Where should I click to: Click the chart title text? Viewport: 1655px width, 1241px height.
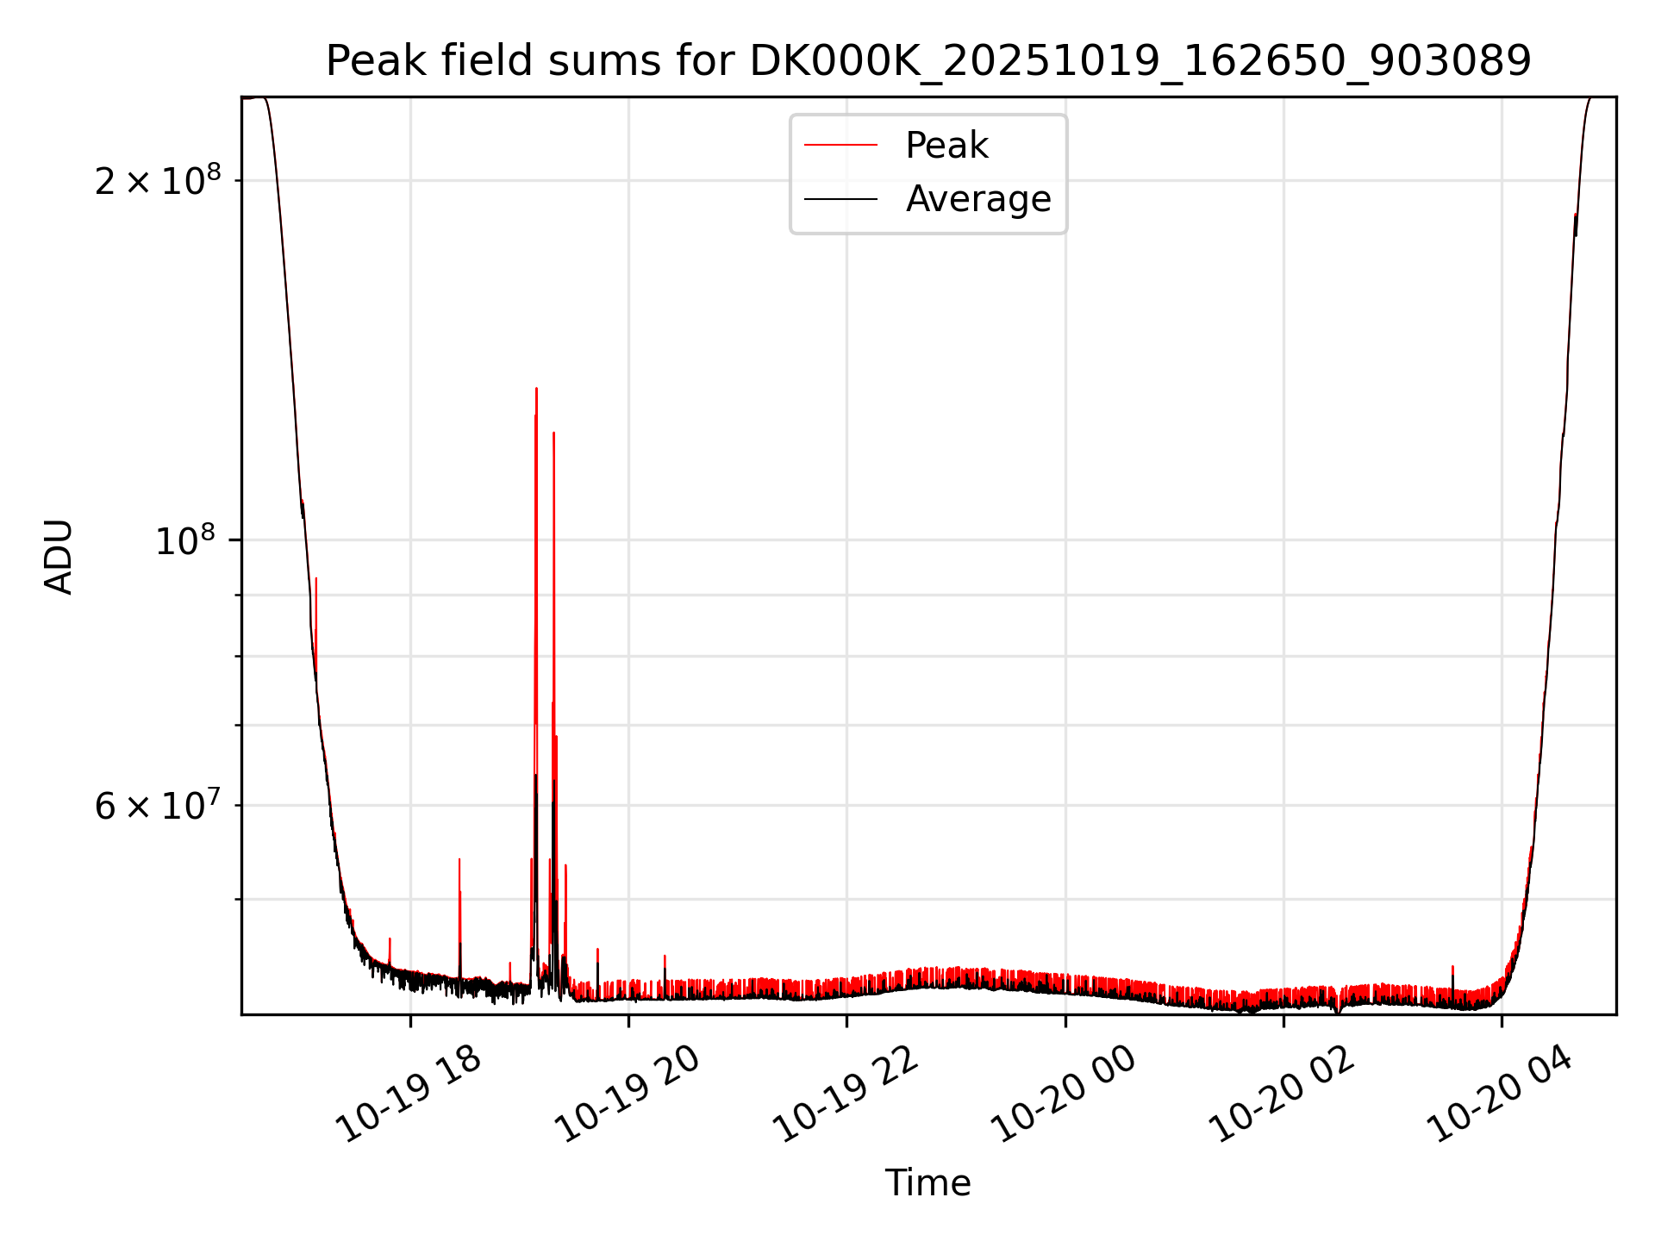928,62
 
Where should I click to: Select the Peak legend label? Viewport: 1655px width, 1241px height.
946,146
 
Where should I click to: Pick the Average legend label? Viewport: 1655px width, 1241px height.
978,199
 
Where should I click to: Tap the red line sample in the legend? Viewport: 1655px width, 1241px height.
840,146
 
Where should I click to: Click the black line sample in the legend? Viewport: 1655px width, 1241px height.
840,199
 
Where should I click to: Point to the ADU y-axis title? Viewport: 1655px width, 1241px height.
59,557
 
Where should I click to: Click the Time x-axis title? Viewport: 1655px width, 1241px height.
927,1183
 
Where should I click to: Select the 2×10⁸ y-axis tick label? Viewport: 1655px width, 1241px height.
158,181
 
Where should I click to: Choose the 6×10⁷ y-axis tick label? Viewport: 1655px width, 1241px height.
158,807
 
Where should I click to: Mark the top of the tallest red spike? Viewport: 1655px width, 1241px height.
536,389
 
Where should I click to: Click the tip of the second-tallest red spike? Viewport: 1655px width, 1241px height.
553,433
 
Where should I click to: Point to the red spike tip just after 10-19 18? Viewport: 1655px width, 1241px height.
459,859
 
